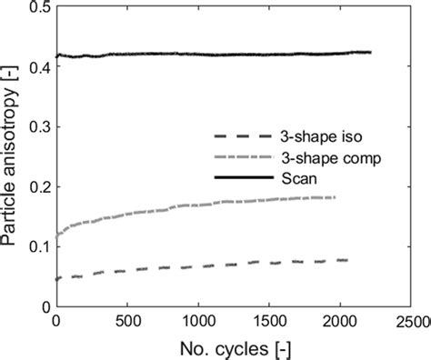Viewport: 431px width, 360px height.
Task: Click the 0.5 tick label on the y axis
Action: click(36, 6)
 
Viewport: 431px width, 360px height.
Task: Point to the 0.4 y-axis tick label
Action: click(36, 67)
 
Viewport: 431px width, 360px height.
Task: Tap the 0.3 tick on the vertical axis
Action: click(36, 127)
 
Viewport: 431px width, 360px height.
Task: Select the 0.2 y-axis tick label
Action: click(36, 187)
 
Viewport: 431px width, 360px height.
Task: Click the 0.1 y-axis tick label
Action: click(36, 248)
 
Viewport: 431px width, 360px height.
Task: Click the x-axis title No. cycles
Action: click(234, 348)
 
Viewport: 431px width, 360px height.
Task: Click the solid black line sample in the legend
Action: click(243, 175)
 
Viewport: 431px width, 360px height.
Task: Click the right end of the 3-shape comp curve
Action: click(335, 197)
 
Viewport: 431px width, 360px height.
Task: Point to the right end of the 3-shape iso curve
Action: click(347, 260)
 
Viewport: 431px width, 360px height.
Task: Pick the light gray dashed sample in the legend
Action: click(243, 157)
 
